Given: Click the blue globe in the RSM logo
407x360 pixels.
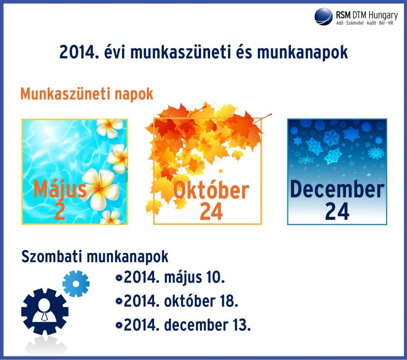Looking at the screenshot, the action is coord(324,17).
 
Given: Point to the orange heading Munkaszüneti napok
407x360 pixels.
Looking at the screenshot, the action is coord(86,94).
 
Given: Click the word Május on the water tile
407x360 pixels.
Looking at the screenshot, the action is coord(60,189).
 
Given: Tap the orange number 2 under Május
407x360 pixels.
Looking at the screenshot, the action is coord(60,211).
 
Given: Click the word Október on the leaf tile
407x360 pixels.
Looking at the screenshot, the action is coord(211,190).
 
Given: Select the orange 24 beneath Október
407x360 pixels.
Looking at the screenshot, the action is coord(211,211).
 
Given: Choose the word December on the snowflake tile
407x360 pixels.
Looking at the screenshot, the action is coord(337,189).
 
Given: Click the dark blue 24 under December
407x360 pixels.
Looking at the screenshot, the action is coord(337,211).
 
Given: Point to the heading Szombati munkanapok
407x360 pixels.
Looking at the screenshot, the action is coord(95,257).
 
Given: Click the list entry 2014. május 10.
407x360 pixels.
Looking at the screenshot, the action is coord(174,278).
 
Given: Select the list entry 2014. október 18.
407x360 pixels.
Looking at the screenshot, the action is coord(181,301).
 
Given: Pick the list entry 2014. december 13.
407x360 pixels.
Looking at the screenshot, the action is coord(187,325).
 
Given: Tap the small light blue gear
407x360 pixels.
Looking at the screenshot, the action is coord(76,284).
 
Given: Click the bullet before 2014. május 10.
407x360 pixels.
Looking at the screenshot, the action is coord(119,278).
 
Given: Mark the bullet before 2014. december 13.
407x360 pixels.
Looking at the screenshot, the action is coord(119,325).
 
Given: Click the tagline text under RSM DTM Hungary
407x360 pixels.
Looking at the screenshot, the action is coord(365,23).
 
